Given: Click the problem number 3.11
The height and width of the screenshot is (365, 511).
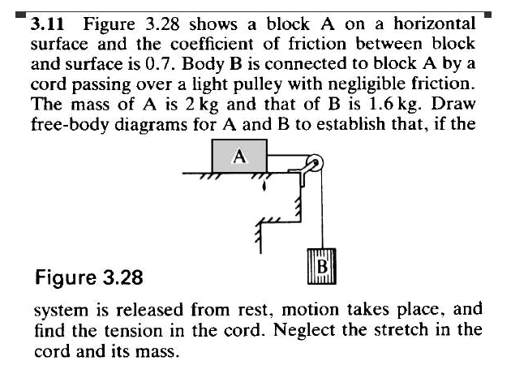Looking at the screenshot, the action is (x=47, y=24).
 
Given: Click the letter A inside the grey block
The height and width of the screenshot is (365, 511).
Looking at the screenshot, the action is (x=240, y=156).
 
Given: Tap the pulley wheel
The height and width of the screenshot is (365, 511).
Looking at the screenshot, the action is (x=315, y=162).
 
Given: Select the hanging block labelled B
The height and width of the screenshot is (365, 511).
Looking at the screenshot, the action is (x=322, y=266).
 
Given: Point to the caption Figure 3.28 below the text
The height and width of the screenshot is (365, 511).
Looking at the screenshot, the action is (x=89, y=277).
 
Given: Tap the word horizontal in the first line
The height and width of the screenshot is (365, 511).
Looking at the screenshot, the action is (x=435, y=24).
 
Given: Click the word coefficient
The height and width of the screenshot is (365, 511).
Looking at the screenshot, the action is (x=212, y=44).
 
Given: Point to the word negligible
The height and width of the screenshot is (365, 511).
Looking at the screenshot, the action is (x=367, y=84).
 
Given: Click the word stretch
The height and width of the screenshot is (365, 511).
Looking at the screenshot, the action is (x=401, y=330).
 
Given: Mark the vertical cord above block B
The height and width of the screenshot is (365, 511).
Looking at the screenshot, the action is (x=322, y=206).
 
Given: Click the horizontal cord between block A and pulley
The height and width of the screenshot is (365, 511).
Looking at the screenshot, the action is (x=288, y=156).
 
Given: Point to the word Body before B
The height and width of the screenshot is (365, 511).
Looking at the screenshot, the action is (x=203, y=65).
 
